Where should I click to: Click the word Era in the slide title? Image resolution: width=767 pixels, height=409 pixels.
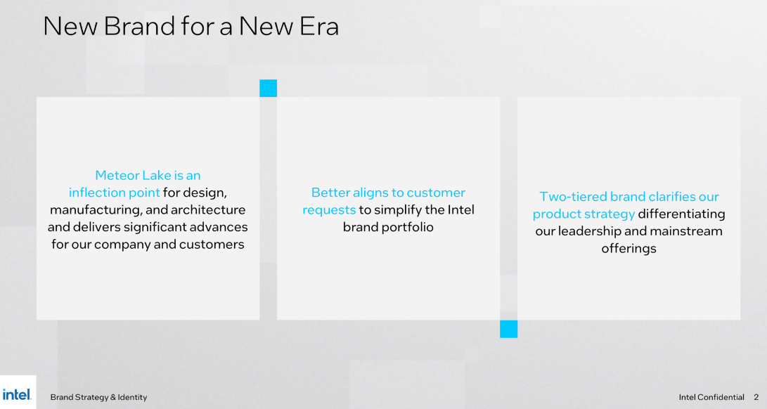(316, 27)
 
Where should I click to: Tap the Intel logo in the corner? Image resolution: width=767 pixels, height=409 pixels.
(17, 394)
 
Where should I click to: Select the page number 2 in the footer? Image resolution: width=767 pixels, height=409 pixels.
(756, 397)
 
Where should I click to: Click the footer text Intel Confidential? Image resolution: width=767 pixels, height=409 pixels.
(711, 397)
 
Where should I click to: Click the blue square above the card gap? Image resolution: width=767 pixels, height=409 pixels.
(268, 88)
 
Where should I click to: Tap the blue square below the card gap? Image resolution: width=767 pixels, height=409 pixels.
(509, 329)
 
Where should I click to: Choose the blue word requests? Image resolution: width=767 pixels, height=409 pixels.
(329, 210)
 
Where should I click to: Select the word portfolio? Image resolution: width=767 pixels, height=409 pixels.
(410, 227)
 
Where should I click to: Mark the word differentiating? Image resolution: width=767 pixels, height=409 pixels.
(682, 214)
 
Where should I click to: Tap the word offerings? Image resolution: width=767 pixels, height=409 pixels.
(629, 249)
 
